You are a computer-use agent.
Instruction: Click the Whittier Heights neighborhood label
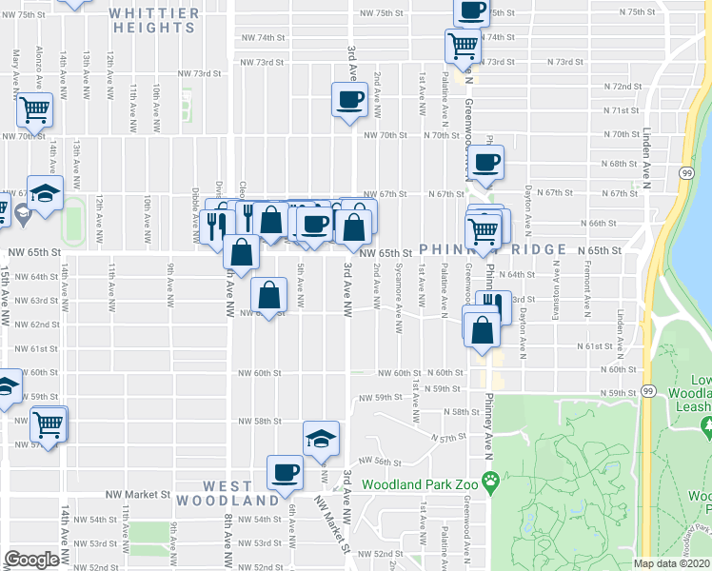coord(153,21)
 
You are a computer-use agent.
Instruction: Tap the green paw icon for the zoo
coord(490,483)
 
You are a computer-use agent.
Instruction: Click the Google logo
coord(31,560)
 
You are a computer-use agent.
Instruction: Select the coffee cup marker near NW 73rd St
coord(349,98)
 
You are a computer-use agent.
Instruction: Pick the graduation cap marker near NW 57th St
coord(321,438)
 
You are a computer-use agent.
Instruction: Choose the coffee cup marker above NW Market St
coord(286,471)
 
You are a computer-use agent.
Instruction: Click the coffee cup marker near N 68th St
coord(485,163)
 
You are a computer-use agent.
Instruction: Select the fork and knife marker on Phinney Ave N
coord(493,305)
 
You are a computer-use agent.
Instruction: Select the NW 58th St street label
coord(260,421)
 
